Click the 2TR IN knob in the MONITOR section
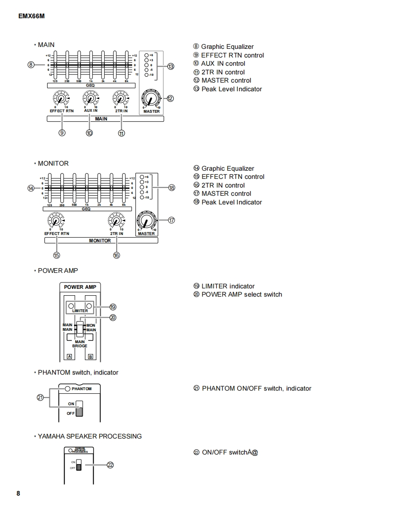tap(116, 221)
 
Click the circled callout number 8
tap(31, 65)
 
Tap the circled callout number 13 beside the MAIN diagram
tap(171, 67)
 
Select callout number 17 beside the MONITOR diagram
tap(171, 220)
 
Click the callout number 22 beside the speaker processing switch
tap(110, 465)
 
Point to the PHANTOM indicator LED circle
tap(68, 389)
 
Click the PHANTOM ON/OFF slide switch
tap(80, 409)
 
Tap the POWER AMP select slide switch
tap(80, 328)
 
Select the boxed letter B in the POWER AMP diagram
tap(91, 356)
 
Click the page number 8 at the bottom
tap(18, 493)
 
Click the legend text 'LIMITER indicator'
tap(228, 286)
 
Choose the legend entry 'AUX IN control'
tap(223, 63)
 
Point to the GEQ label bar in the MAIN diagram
tap(90, 85)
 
